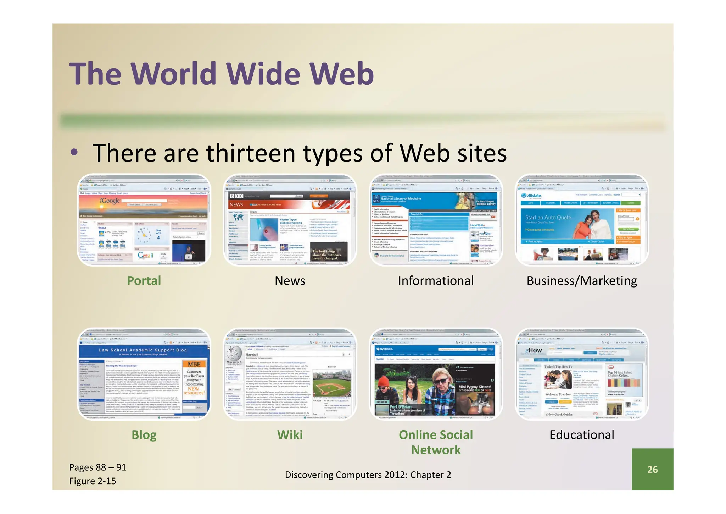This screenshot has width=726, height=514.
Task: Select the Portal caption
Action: [144, 281]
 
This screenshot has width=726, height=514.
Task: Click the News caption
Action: [290, 281]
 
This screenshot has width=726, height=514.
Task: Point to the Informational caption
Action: [436, 281]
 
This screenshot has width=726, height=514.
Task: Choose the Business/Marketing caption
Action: [582, 281]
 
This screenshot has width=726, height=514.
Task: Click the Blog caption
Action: [144, 435]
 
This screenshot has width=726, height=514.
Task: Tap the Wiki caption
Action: [290, 435]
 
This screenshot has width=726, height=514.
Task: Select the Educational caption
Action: [582, 435]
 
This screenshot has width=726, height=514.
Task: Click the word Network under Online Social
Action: [436, 450]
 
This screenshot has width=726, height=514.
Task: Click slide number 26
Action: [652, 470]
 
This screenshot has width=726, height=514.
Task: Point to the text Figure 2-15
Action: [93, 481]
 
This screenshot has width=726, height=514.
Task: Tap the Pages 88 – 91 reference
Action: [98, 467]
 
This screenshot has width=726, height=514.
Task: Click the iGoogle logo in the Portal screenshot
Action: [110, 201]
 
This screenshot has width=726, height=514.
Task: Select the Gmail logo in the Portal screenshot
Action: [146, 255]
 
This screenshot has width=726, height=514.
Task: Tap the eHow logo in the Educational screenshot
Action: [534, 350]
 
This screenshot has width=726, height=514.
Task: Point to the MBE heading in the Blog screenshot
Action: [194, 364]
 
